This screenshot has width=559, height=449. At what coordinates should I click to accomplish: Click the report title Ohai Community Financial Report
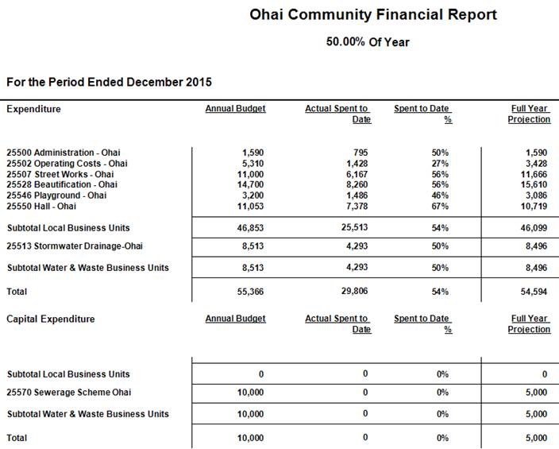click(x=372, y=14)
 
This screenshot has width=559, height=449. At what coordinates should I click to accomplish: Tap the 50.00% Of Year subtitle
click(x=368, y=41)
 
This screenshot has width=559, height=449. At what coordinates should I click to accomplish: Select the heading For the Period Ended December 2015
click(x=109, y=82)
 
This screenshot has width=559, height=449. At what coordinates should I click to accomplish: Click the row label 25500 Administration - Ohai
click(x=64, y=152)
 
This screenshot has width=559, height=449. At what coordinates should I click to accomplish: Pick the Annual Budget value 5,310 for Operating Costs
click(x=253, y=163)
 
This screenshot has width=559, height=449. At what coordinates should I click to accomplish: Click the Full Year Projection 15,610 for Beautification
click(x=535, y=184)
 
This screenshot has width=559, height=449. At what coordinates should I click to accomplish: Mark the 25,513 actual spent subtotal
click(x=352, y=227)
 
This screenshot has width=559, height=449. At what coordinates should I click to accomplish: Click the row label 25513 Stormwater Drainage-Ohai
click(x=68, y=246)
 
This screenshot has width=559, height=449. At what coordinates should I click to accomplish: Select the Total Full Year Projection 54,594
click(x=533, y=292)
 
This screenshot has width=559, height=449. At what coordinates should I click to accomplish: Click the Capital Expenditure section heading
click(x=51, y=319)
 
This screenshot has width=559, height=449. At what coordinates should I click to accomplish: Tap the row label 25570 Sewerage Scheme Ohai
click(x=69, y=392)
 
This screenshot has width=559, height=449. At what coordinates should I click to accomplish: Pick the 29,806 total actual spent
click(x=352, y=292)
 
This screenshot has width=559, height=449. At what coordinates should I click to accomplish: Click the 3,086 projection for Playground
click(x=538, y=195)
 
